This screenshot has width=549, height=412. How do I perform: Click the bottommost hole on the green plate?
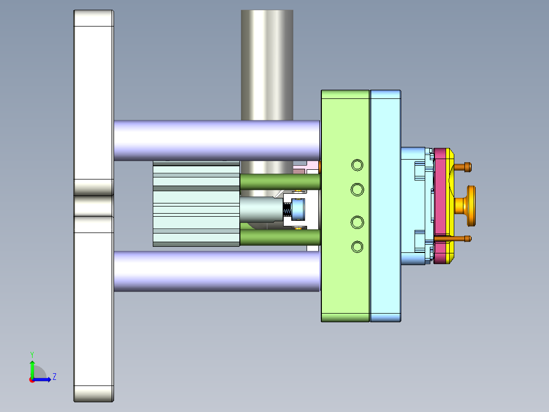[x=358, y=247]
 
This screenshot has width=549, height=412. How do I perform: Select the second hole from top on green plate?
[x=358, y=190]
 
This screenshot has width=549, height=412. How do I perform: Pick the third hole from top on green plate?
[x=358, y=222]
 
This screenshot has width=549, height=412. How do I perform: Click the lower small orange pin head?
[x=468, y=239]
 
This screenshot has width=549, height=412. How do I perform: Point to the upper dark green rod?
[x=279, y=182]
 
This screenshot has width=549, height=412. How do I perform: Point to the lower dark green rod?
[x=279, y=238]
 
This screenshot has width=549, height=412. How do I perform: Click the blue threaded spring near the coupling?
[x=287, y=209]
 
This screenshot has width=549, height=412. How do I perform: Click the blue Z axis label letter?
[x=54, y=377]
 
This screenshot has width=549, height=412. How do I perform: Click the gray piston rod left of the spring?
[x=260, y=209]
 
